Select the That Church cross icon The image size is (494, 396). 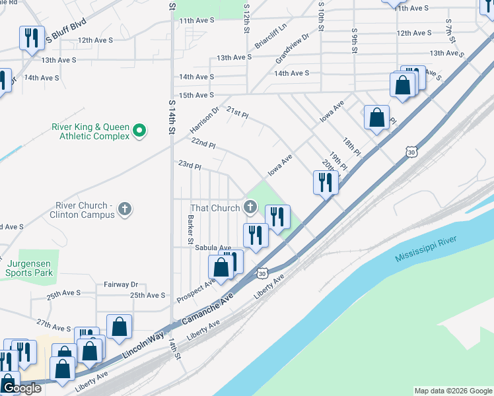250,208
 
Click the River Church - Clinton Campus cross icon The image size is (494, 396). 125,210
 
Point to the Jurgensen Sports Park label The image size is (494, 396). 28,267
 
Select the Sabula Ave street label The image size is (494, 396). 213,247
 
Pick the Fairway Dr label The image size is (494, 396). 120,284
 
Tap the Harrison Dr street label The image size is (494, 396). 204,119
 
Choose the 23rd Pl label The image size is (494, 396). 189,164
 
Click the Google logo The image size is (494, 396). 21,388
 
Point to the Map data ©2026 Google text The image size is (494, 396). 452,391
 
